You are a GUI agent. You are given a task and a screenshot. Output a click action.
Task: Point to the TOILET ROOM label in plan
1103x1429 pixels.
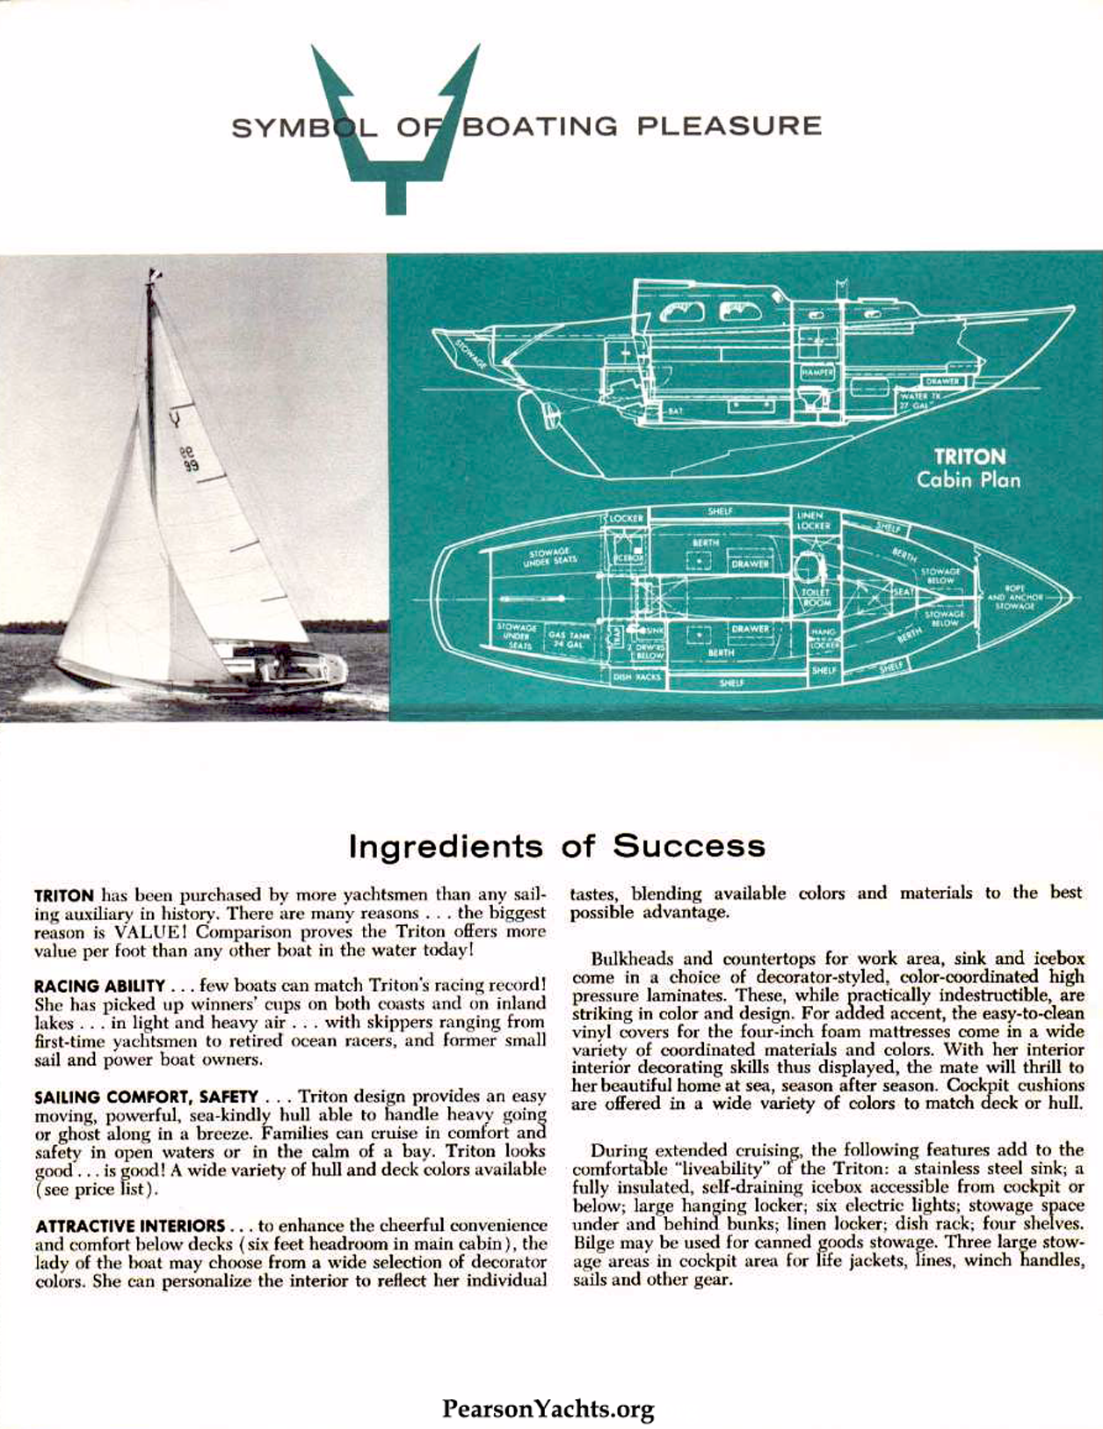[816, 597]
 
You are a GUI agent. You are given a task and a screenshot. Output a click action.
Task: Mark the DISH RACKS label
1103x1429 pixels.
[637, 677]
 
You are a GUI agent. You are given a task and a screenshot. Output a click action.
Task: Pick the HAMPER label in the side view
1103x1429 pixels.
[816, 373]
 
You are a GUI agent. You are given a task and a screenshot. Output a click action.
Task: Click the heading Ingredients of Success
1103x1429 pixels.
[556, 846]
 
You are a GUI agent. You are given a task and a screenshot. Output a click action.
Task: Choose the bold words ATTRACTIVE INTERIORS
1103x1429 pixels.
[129, 1226]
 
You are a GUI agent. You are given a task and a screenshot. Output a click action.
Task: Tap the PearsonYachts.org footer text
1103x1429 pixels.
[548, 1385]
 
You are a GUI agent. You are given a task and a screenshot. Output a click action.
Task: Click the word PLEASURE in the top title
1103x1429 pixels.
[729, 126]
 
